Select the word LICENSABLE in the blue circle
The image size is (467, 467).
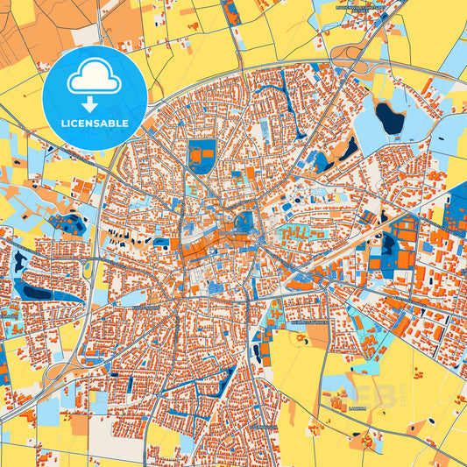click(94, 124)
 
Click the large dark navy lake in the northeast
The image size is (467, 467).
click(389, 117)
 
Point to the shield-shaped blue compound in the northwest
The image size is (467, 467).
click(202, 155)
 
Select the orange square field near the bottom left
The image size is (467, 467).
click(79, 424)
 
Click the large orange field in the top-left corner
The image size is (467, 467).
click(26, 35)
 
